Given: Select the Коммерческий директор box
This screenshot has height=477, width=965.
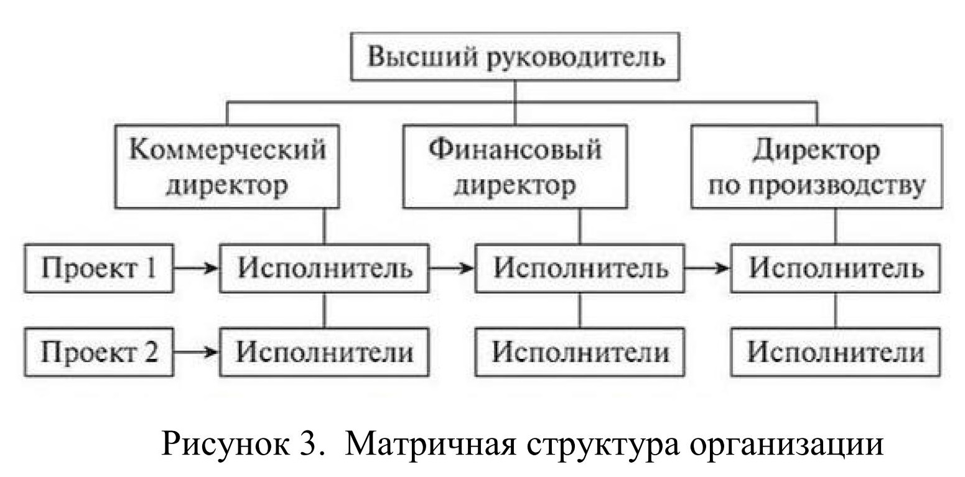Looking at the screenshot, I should tap(227, 166).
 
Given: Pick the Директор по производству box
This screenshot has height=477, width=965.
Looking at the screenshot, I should tap(816, 166).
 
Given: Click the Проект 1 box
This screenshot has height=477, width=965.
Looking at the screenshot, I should tap(98, 269).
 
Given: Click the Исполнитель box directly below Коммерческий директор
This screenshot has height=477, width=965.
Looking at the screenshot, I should tap(325, 269).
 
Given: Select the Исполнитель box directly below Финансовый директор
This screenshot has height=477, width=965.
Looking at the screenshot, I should tap(580, 269).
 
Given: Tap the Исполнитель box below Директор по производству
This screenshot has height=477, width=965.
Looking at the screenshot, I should tap(835, 269).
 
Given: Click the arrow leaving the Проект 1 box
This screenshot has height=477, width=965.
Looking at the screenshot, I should tap(196, 269).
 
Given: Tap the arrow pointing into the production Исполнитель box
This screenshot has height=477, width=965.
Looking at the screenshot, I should tap(707, 269).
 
